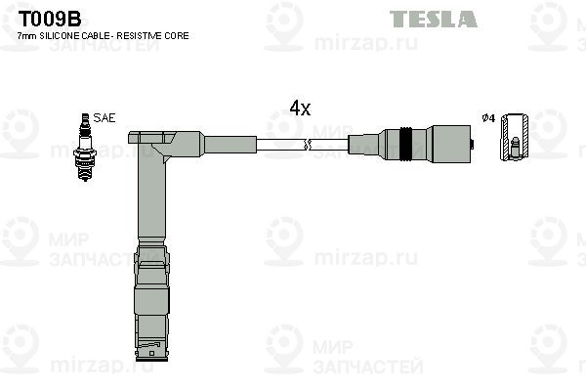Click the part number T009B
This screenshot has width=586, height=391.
[x=50, y=19]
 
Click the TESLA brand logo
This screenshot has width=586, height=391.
[x=433, y=19]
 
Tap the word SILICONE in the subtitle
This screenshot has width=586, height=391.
[x=61, y=36]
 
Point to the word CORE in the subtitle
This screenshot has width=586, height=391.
[x=179, y=36]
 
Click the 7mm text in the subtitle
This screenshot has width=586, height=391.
[x=27, y=36]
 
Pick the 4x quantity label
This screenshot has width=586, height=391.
[x=300, y=109]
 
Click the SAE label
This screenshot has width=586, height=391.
[x=105, y=118]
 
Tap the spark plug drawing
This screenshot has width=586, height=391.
[x=85, y=147]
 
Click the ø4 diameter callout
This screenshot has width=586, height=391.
[x=488, y=118]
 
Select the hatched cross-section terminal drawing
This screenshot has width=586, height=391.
[x=515, y=137]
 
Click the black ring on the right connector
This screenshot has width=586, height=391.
[x=405, y=144]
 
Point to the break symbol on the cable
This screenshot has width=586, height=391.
[x=308, y=145]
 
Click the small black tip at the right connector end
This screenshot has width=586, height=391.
[x=472, y=144]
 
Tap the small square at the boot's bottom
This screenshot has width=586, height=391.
[x=151, y=353]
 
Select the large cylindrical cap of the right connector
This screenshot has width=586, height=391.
[x=451, y=144]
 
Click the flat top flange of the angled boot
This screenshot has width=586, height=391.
[x=151, y=138]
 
